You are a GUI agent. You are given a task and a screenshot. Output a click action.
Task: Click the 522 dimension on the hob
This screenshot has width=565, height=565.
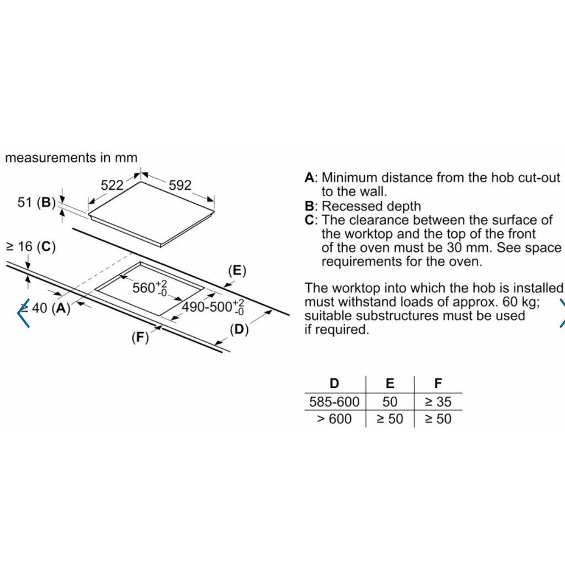[x=112, y=185]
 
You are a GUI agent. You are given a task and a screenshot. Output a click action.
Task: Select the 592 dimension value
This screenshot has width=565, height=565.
[x=180, y=185]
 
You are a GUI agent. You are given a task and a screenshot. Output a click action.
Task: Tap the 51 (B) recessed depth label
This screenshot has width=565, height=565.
[x=36, y=202]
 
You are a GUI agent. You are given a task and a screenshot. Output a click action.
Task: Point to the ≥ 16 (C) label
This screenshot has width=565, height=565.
[x=31, y=247]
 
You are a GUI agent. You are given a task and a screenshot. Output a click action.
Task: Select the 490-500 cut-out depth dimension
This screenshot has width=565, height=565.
[x=212, y=307]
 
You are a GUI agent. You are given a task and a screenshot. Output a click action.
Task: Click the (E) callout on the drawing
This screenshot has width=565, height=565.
[x=237, y=270]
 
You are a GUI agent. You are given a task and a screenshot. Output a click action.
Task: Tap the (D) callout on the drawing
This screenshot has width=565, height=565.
[x=239, y=329]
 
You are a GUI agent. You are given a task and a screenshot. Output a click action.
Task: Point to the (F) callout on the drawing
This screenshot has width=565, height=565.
[x=140, y=338]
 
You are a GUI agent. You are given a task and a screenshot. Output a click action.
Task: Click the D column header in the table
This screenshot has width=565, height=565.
[x=334, y=383]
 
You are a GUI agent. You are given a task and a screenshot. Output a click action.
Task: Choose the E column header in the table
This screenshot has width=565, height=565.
[x=390, y=383]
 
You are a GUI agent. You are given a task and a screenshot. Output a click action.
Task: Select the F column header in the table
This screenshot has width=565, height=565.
[x=438, y=383]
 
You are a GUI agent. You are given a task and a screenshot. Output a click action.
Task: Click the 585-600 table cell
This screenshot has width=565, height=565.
[x=334, y=402]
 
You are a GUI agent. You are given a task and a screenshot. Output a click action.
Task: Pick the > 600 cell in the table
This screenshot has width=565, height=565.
[x=334, y=419]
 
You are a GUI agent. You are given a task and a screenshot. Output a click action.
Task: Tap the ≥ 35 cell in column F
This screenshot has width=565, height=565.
[x=438, y=402]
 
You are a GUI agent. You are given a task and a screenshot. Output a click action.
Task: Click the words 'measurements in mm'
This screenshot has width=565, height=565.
[x=71, y=158]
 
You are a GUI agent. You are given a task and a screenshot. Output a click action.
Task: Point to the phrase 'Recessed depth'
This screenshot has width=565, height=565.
[x=371, y=206]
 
